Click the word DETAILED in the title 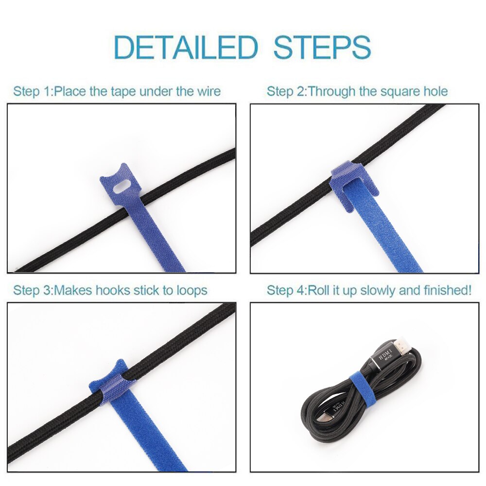[x=185, y=47]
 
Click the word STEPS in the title [x=322, y=47]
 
